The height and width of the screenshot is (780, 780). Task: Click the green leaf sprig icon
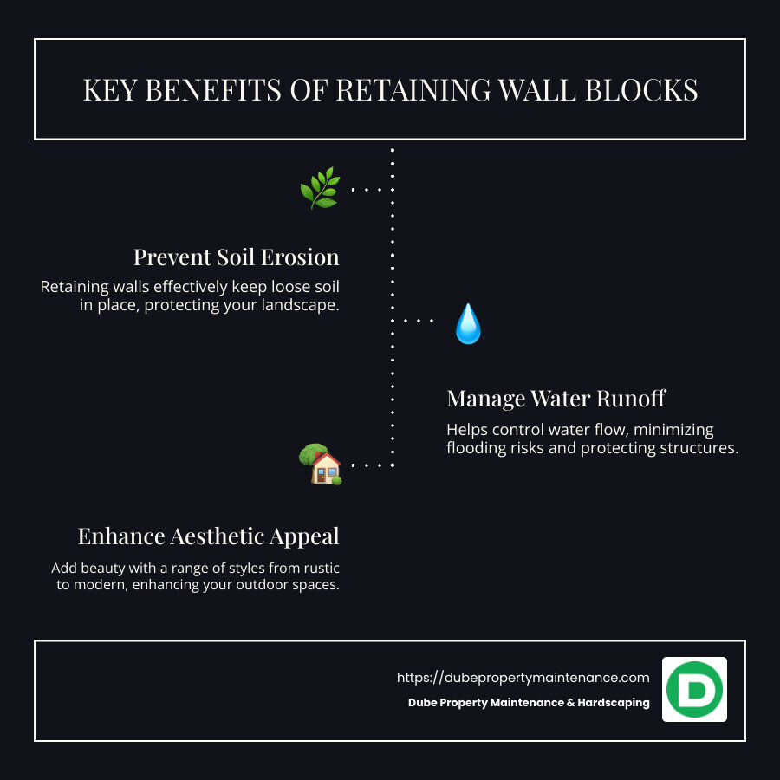(x=319, y=188)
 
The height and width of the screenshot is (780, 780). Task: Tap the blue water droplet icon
(x=468, y=324)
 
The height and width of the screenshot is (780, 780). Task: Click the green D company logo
(x=694, y=689)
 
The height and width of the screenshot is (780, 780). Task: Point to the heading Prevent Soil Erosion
(x=236, y=257)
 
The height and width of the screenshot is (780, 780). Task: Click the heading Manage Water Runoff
(x=556, y=399)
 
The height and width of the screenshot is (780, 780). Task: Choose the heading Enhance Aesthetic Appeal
(x=208, y=536)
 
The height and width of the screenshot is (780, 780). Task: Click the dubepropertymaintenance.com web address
(x=523, y=678)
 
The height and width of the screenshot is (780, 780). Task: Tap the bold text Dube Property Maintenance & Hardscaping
(x=529, y=703)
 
